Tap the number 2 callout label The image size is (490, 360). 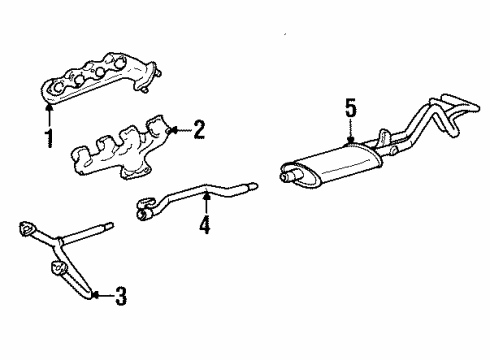click(198, 129)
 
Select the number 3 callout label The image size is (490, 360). click(121, 295)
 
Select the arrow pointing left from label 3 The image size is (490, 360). click(101, 294)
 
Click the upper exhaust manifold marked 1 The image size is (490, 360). click(95, 79)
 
